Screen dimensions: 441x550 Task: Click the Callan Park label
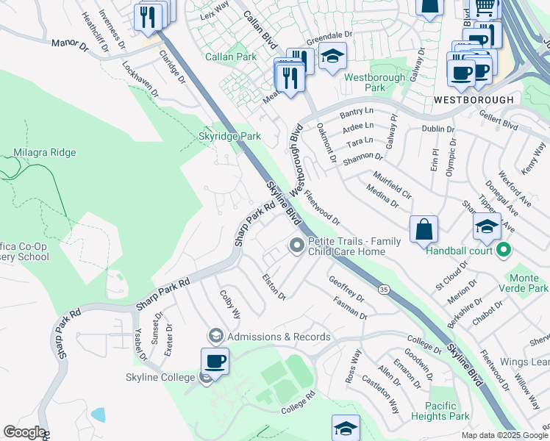tap(231, 57)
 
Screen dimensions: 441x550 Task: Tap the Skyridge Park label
tap(229, 136)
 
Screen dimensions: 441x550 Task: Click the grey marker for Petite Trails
tap(297, 245)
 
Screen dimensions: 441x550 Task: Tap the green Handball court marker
tap(504, 251)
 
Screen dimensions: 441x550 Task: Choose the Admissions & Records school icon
tap(215, 336)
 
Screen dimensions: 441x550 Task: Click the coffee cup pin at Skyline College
tap(215, 361)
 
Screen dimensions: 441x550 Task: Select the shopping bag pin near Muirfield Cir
tap(424, 229)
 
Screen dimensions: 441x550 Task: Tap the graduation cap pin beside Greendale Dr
tap(332, 56)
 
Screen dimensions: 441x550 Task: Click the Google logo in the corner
tap(24, 432)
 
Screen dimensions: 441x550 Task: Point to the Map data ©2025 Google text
tap(504, 435)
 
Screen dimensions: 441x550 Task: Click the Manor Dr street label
tap(69, 44)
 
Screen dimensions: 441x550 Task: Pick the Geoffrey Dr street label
tap(346, 289)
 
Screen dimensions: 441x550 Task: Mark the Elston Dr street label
tap(274, 287)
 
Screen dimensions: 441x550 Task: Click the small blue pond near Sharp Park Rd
tap(98, 414)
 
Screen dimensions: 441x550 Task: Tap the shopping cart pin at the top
tap(485, 7)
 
